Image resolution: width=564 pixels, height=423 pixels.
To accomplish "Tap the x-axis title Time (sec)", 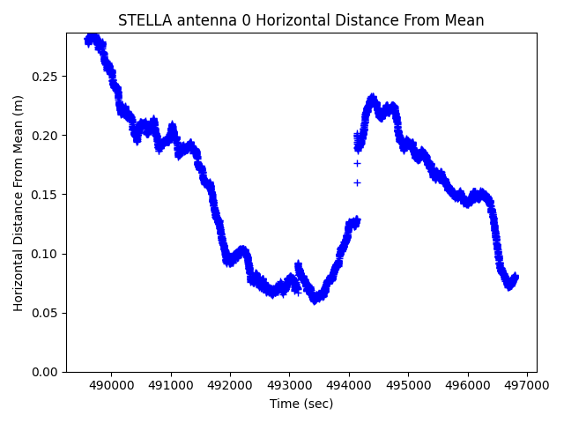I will point(301,404).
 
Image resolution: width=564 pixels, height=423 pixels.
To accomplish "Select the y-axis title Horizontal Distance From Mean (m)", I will point(19,203).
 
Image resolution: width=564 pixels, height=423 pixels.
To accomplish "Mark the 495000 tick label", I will point(409,385).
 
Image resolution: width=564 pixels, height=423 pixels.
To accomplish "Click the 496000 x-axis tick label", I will point(468,385).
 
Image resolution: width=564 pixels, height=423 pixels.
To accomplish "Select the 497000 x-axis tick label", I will point(527,385).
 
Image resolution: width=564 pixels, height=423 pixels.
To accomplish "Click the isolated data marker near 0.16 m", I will point(357,182).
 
